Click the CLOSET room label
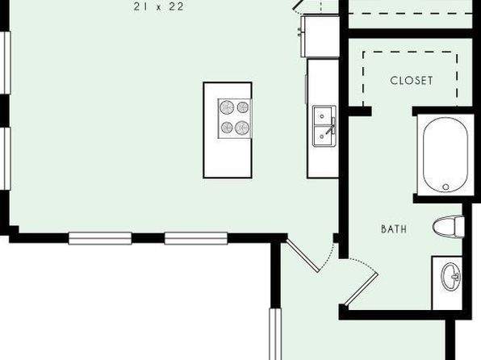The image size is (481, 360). tap(412, 81)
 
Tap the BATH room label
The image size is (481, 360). tap(394, 229)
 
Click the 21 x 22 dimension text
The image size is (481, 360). tap(159, 6)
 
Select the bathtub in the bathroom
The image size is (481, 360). tap(445, 155)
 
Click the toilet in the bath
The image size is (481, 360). tap(449, 227)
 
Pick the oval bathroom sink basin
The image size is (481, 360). tap(450, 277)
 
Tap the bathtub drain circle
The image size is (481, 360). tap(445, 186)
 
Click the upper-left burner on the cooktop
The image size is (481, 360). tap(227, 107)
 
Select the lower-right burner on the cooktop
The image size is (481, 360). tap(242, 128)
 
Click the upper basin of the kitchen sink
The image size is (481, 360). tap(322, 116)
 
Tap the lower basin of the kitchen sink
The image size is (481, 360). tap(322, 136)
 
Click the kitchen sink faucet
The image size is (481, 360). tap(332, 128)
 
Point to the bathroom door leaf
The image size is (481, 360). tap(362, 289)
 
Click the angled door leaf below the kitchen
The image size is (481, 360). tap(303, 256)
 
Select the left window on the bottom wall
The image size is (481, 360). tap(100, 238)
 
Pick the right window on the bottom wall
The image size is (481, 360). tap(196, 238)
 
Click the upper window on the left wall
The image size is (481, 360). tap(5, 63)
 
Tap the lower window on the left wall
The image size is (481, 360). tap(5, 159)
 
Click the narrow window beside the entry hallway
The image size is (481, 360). tap(275, 334)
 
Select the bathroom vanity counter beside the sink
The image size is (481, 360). tap(447, 283)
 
